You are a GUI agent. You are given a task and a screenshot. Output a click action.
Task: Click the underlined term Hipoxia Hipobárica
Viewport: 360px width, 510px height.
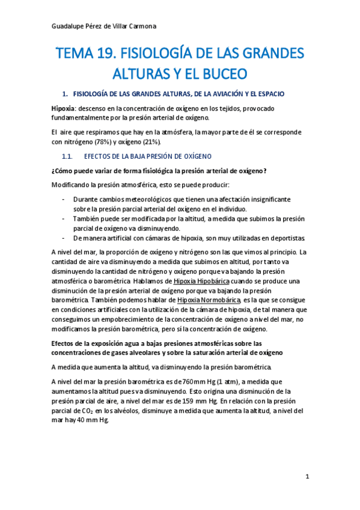click(x=201, y=281)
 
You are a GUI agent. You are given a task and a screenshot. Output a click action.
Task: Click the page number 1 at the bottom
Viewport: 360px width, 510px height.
click(x=307, y=477)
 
